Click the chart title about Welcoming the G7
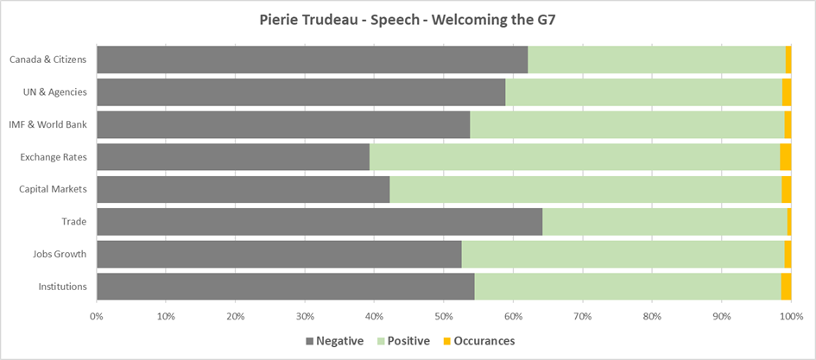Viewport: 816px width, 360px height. pyautogui.click(x=408, y=20)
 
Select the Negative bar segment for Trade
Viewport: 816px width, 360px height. pyautogui.click(x=319, y=221)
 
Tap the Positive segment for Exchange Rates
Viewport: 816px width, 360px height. pyautogui.click(x=574, y=156)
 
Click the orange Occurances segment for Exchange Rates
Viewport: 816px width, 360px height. pyautogui.click(x=785, y=156)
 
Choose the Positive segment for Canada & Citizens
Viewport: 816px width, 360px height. pyautogui.click(x=656, y=60)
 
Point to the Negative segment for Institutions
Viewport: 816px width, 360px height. pyautogui.click(x=285, y=286)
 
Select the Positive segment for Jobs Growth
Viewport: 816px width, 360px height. pyautogui.click(x=623, y=254)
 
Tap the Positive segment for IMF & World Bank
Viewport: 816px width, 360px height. pyautogui.click(x=627, y=124)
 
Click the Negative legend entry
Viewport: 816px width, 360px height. pyautogui.click(x=334, y=341)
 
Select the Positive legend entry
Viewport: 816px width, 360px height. pyautogui.click(x=404, y=341)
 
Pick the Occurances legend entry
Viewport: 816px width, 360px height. pyautogui.click(x=478, y=341)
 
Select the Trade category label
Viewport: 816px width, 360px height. pyautogui.click(x=73, y=222)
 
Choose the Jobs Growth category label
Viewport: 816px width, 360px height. pyautogui.click(x=61, y=254)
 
